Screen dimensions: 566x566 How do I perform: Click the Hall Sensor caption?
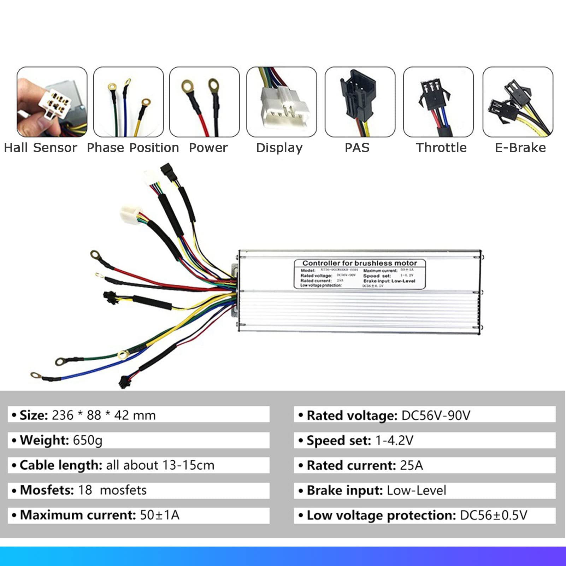(40, 148)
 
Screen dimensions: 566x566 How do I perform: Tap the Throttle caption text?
(441, 148)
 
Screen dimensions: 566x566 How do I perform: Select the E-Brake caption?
(520, 148)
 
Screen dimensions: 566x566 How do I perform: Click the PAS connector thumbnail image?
(360, 102)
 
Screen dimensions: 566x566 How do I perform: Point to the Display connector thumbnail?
(282, 102)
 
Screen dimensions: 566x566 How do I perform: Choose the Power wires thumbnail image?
(205, 102)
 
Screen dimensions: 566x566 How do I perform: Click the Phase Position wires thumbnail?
(129, 102)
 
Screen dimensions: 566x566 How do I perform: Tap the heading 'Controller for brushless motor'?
(359, 263)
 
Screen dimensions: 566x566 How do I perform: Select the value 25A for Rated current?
(411, 465)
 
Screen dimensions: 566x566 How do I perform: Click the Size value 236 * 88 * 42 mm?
(104, 415)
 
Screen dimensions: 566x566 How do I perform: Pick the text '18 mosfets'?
(112, 490)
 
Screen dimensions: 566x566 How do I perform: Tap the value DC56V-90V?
(436, 415)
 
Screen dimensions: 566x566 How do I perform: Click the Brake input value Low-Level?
(416, 490)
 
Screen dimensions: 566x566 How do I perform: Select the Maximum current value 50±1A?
(160, 515)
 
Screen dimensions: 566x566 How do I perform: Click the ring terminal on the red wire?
(95, 254)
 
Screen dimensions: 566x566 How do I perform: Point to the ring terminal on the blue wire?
(35, 375)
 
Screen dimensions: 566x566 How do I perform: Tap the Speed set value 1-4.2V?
(394, 441)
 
